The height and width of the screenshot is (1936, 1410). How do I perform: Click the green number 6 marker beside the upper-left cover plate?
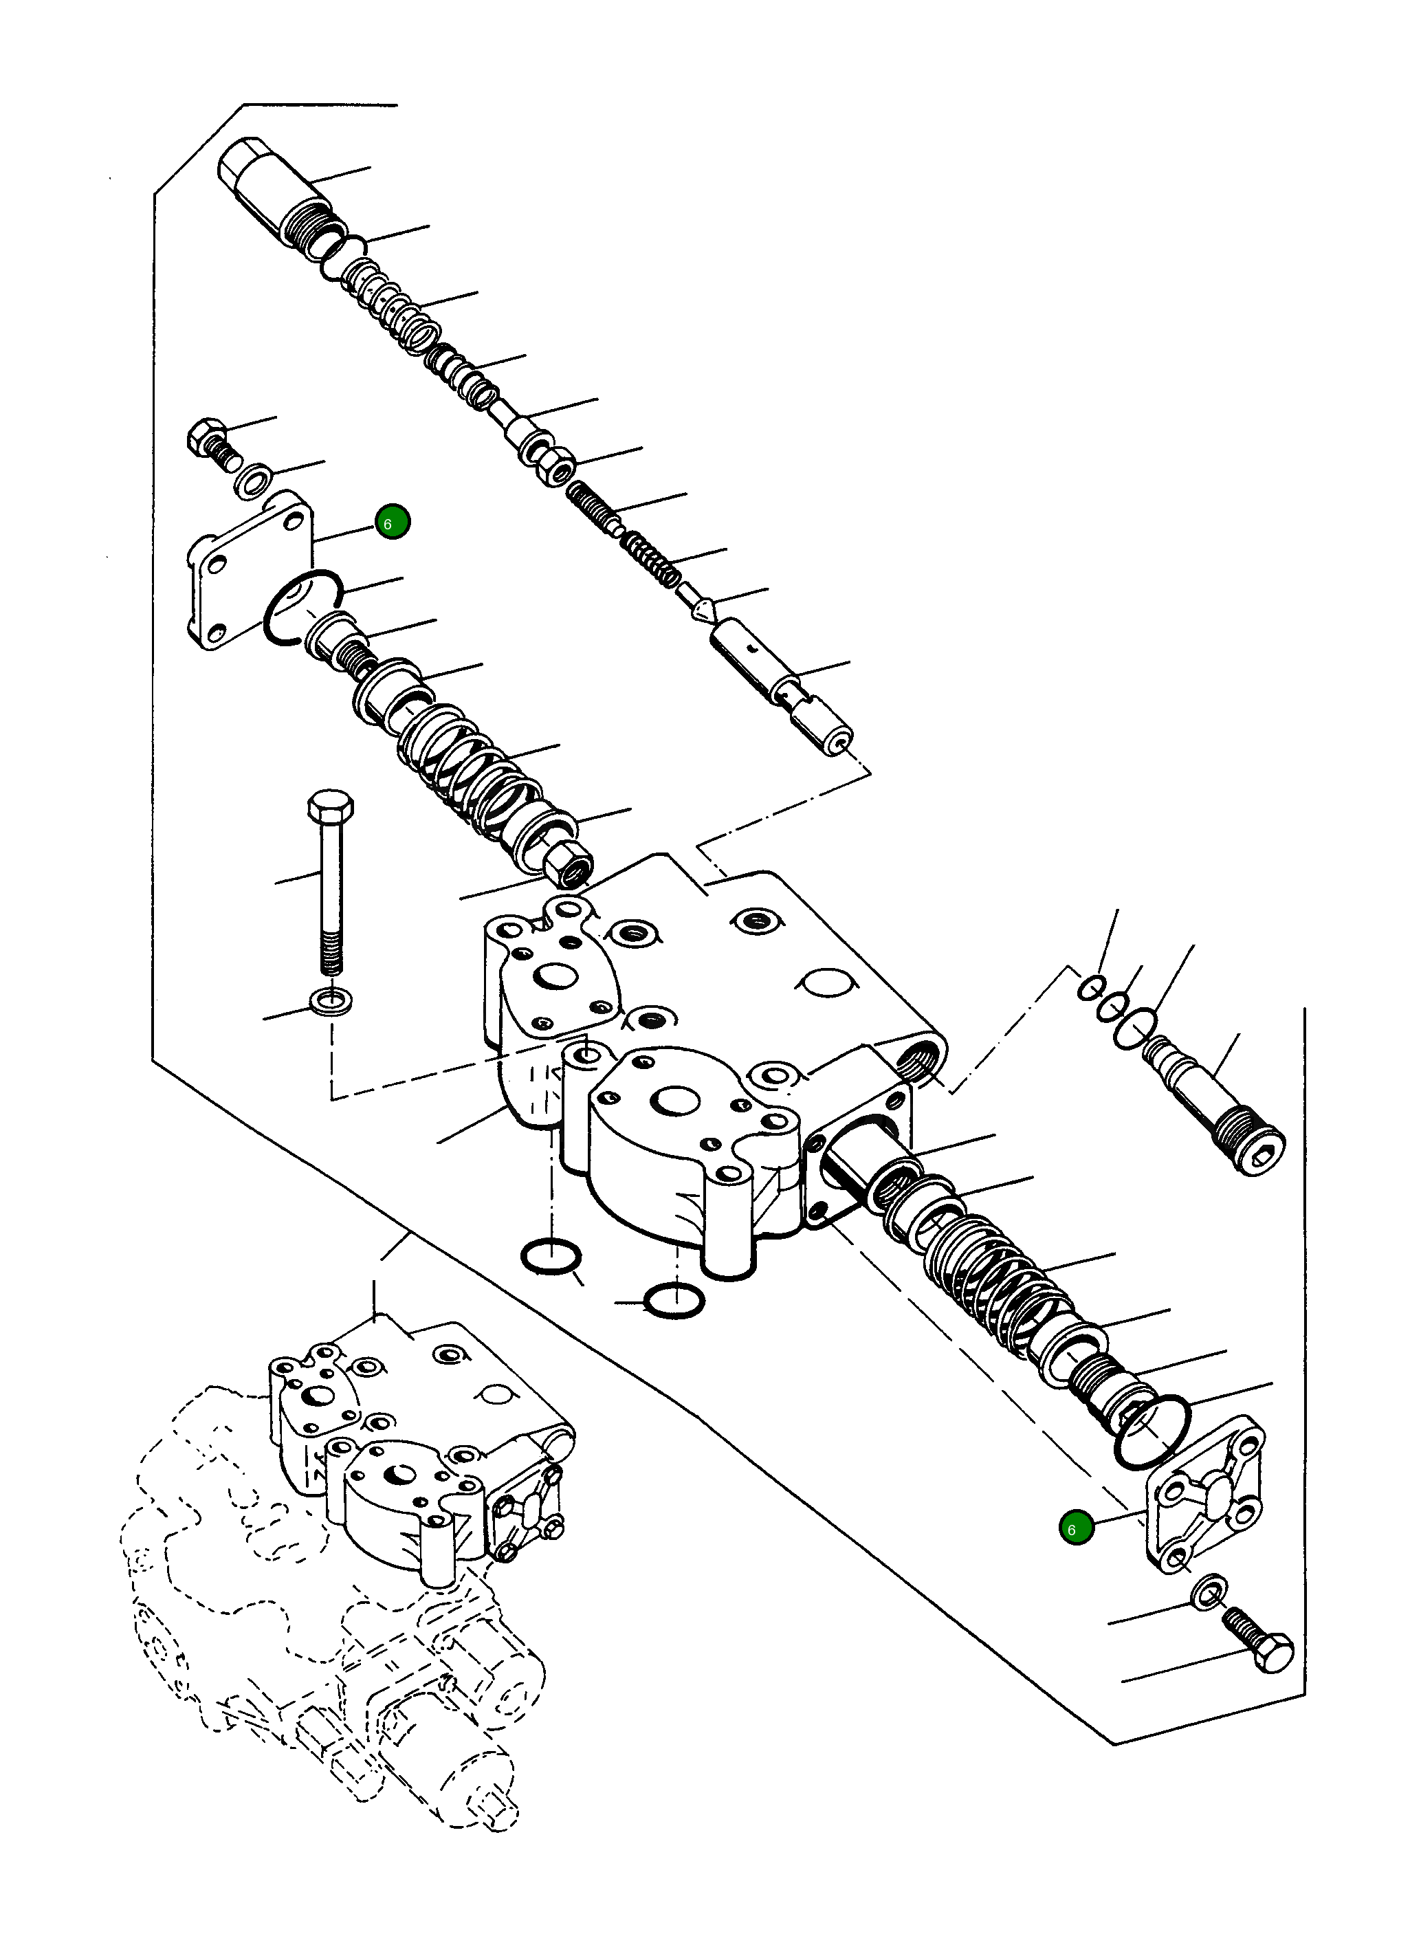[392, 522]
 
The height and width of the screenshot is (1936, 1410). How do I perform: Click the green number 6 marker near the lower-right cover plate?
[1075, 1528]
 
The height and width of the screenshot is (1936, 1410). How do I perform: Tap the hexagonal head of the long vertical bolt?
[330, 804]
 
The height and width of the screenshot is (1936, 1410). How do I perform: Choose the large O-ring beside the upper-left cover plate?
[304, 606]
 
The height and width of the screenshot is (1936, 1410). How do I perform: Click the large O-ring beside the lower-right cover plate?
[1153, 1431]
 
